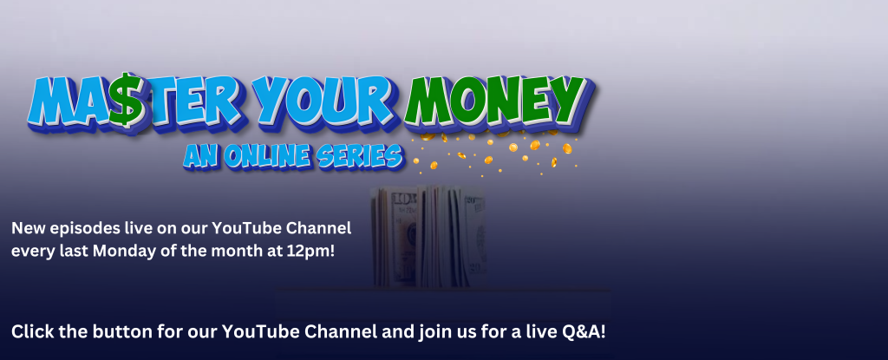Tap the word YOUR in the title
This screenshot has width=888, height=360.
pos(323,101)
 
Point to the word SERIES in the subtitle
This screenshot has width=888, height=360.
pos(359,156)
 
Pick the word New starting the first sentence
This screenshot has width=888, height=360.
pos(29,228)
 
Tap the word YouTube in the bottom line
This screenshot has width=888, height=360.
pos(260,331)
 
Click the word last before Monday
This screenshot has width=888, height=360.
pos(74,251)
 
